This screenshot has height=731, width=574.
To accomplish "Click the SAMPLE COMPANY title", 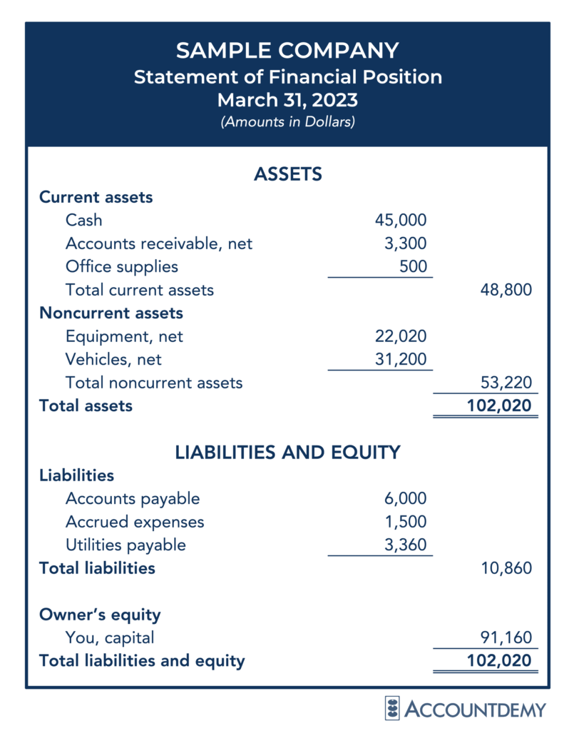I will tap(287, 51).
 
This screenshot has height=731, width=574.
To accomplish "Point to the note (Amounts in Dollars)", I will tap(287, 122).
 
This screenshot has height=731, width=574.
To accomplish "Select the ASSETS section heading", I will tap(287, 173).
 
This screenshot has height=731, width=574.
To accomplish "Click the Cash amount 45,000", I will tap(401, 220).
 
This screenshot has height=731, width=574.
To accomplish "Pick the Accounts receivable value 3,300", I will tap(406, 243).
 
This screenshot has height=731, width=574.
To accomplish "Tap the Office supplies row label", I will tap(121, 266).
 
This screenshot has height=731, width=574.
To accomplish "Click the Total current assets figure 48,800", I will tap(506, 290).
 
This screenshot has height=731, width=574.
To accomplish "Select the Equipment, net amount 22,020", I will tap(401, 336).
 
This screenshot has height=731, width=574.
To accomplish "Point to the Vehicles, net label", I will tap(113, 359).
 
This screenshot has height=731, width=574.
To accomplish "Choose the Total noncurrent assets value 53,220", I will tap(506, 382).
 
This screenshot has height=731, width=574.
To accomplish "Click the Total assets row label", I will tap(86, 405).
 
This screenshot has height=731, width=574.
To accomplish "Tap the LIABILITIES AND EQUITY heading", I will tap(287, 452).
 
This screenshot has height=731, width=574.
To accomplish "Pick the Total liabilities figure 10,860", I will tap(506, 568).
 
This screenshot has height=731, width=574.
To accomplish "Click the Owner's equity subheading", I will tap(100, 615).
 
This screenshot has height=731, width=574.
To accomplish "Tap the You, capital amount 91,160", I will tap(506, 637).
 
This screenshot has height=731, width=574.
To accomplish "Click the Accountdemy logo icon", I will tap(392, 708).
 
